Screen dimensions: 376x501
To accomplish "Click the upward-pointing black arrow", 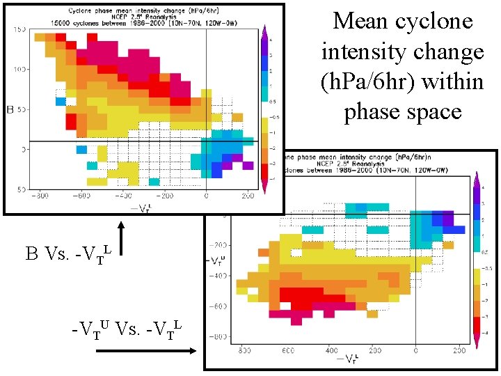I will tap(121, 237).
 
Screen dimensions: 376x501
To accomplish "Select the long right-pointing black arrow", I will tap(146, 352).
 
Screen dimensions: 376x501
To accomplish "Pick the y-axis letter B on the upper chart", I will tap(10, 110).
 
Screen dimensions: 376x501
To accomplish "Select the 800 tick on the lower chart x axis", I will tap(245, 350).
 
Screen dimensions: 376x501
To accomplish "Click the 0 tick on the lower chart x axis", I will tap(415, 350).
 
